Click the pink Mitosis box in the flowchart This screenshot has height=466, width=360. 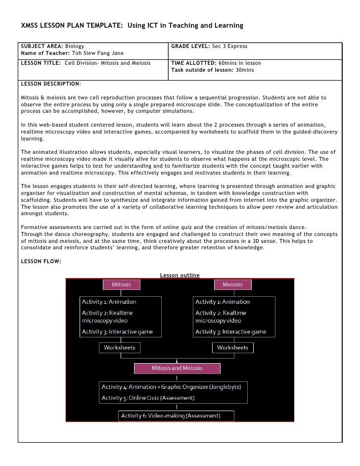121,284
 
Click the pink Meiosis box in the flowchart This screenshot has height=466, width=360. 232,284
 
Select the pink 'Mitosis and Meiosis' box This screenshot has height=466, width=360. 177,369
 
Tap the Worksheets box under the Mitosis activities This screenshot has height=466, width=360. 119,348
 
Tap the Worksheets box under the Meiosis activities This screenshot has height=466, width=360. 232,348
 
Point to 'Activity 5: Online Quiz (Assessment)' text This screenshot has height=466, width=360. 148,398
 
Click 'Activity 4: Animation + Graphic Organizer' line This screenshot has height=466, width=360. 171,386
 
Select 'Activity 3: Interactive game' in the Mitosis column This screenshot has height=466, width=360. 117,331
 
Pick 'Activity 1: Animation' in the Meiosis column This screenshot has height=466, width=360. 223,302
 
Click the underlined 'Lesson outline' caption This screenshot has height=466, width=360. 180,275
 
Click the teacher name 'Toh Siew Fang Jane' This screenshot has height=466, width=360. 98,53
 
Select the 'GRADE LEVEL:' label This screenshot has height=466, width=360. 190,46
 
